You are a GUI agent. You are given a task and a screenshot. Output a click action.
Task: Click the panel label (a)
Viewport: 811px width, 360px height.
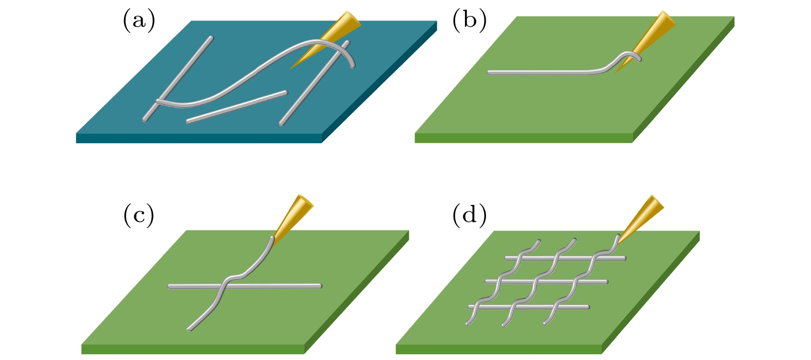(139, 21)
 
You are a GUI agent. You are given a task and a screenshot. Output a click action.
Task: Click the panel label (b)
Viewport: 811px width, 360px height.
(469, 21)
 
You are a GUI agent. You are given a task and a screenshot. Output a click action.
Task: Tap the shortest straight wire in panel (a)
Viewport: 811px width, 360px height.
(236, 107)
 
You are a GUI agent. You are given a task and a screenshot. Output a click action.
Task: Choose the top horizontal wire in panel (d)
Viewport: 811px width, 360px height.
(566, 258)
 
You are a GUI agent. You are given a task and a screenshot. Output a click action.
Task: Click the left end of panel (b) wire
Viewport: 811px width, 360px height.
(490, 73)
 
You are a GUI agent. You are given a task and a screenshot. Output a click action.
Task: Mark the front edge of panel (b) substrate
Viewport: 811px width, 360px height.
(523, 138)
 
